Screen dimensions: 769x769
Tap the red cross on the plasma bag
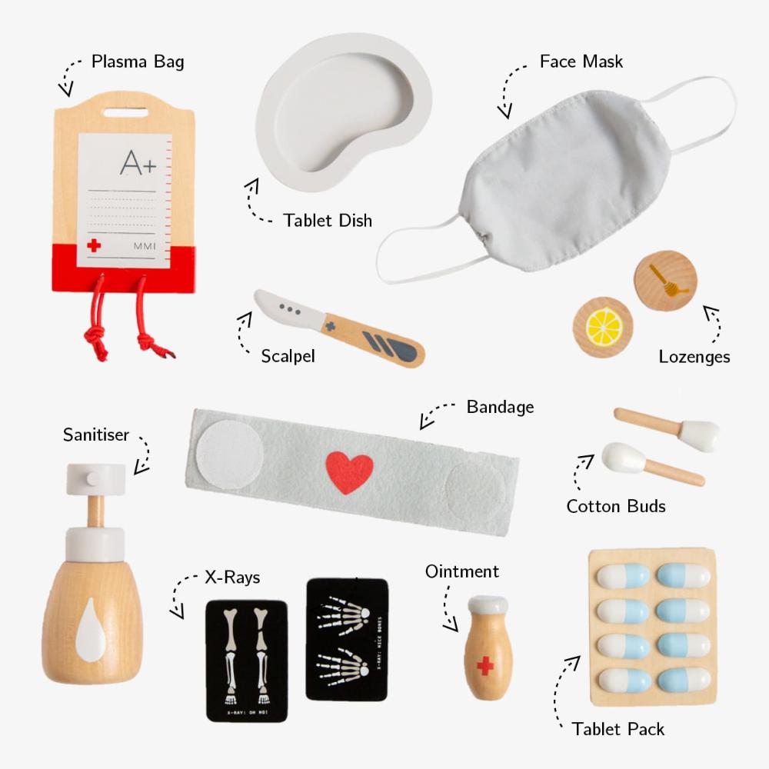[x=94, y=246]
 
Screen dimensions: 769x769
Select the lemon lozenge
[x=603, y=328]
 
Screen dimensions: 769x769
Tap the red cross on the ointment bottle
[x=484, y=665]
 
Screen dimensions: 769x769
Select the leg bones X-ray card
[x=247, y=660]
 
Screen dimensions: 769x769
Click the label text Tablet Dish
[x=328, y=221]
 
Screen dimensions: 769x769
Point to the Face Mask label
[x=581, y=61]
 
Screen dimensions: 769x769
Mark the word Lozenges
[x=694, y=356]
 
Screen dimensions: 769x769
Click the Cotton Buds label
[x=616, y=506]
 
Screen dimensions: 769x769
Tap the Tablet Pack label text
[x=618, y=729]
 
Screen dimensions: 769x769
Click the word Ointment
[x=462, y=571]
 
